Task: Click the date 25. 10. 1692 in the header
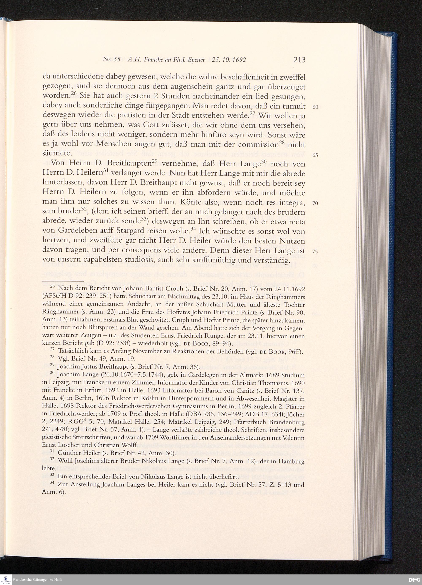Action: tap(229, 60)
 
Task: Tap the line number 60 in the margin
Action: tap(315, 107)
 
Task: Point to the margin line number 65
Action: tap(315, 155)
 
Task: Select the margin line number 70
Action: tap(315, 203)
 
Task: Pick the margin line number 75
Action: tap(315, 251)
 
